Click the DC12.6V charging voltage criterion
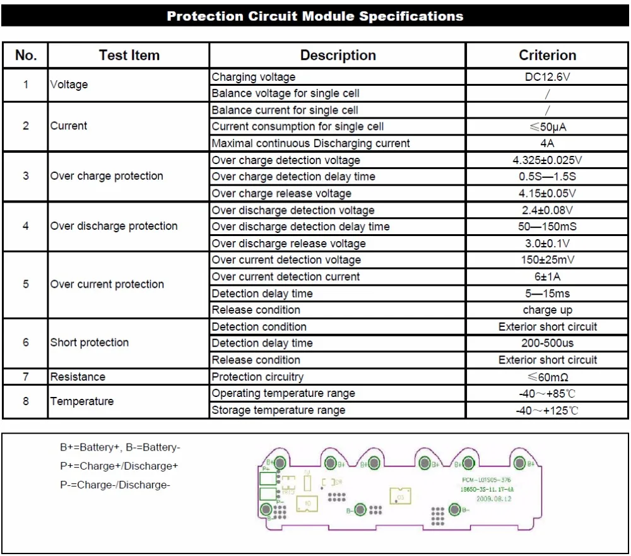click(x=547, y=77)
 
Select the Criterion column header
click(x=547, y=56)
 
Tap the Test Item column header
click(x=129, y=56)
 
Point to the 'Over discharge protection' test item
click(x=114, y=226)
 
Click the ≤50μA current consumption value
click(x=547, y=127)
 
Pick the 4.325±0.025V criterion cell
click(x=547, y=160)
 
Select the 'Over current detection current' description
click(x=286, y=276)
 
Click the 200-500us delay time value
click(x=547, y=343)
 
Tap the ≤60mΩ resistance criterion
click(x=547, y=377)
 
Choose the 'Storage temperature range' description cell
click(x=278, y=410)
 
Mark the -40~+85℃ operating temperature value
click(x=547, y=393)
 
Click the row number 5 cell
click(x=25, y=285)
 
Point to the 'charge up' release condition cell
click(x=547, y=310)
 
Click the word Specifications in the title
click(x=411, y=16)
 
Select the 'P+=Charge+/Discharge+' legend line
click(x=119, y=466)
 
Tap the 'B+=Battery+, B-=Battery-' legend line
click(x=120, y=447)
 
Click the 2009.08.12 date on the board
click(x=493, y=499)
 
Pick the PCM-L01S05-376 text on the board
click(x=486, y=480)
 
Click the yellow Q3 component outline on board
click(x=400, y=496)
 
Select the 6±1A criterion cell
click(x=547, y=276)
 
